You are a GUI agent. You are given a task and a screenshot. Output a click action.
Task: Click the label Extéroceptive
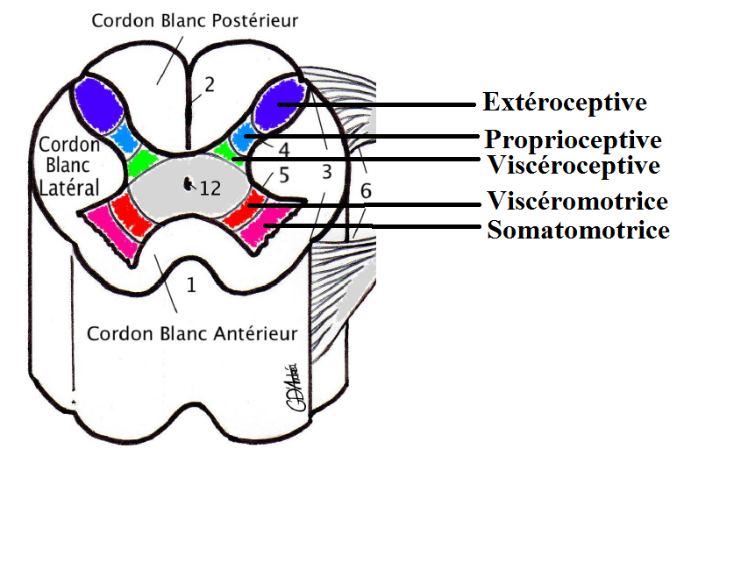point(565,103)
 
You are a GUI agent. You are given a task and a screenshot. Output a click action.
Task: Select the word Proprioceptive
point(573,139)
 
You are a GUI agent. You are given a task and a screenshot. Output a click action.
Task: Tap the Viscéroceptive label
point(572,164)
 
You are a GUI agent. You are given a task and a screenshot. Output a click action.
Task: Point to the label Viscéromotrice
point(577,202)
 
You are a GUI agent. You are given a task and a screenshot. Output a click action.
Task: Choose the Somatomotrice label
point(579,231)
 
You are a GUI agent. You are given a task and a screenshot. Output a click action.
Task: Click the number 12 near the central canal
point(210,187)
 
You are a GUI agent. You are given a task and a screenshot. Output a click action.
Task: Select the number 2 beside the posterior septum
point(209,84)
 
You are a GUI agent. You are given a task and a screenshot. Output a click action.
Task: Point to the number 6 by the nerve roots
point(366,190)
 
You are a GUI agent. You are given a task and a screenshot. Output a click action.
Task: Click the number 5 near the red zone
point(283,175)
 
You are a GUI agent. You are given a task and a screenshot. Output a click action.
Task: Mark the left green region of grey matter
point(140,162)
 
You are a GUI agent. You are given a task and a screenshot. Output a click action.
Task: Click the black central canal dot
point(188,184)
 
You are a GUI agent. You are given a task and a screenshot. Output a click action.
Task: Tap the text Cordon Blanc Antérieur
point(192,334)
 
